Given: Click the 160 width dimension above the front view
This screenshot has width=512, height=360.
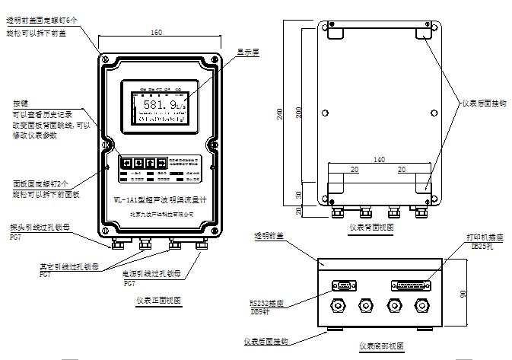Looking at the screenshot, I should point(156,33).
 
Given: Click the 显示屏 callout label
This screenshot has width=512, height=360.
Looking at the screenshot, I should point(248,53).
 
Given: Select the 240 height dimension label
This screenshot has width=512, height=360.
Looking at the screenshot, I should point(281,114).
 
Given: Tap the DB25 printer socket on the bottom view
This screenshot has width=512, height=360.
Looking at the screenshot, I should point(412,285).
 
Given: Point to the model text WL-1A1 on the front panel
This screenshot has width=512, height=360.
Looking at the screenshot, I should point(126,200).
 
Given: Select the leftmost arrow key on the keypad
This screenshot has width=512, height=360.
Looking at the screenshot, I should point(128,163).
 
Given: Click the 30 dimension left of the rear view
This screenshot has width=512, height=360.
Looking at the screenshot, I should point(299,193).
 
